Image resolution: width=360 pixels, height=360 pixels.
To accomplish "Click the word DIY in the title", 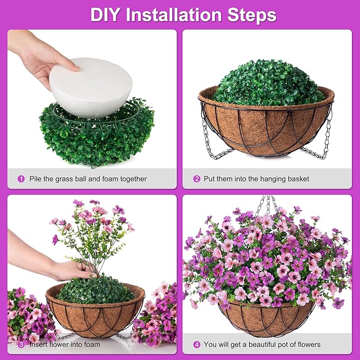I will click(x=106, y=14).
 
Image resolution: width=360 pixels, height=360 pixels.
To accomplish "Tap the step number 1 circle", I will click(x=21, y=179).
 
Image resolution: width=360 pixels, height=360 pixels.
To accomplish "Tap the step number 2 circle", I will click(x=197, y=179).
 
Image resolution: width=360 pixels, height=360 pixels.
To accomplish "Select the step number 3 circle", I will click(x=21, y=345).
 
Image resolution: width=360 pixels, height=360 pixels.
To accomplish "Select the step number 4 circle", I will click(x=197, y=345).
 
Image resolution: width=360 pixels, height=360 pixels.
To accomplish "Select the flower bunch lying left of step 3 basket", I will click(x=27, y=315).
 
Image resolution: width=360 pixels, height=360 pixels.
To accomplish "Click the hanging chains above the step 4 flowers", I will click(x=268, y=204).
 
